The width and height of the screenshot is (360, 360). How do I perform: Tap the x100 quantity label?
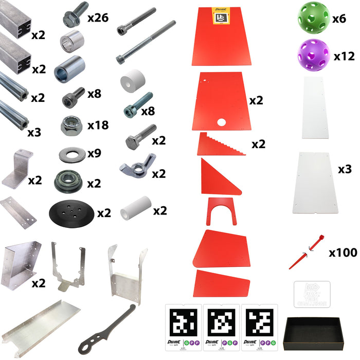(343, 253)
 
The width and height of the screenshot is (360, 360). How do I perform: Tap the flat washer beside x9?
(71, 154)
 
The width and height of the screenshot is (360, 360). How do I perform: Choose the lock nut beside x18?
(71, 125)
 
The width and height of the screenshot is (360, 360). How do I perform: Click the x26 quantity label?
(98, 19)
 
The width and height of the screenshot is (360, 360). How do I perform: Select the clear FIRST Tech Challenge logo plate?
(311, 295)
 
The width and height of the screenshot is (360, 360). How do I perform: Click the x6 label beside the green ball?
(339, 19)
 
